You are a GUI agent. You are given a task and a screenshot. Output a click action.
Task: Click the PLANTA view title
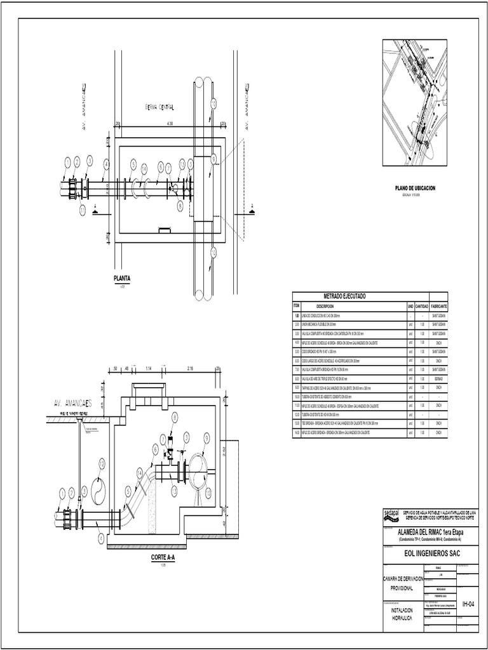coord(122,278)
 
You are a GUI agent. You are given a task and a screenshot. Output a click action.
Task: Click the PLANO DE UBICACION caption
coord(414,189)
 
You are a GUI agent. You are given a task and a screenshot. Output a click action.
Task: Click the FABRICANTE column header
coord(438,306)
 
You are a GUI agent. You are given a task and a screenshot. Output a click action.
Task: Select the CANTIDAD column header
coord(422,306)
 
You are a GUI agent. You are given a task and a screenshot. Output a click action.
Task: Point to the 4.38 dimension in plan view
coord(169,124)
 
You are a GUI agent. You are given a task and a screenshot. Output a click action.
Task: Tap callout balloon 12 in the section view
coord(102,465)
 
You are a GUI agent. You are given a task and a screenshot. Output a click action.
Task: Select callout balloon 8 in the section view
coord(174,417)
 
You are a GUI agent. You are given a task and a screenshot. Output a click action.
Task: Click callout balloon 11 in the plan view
coord(83,210)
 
